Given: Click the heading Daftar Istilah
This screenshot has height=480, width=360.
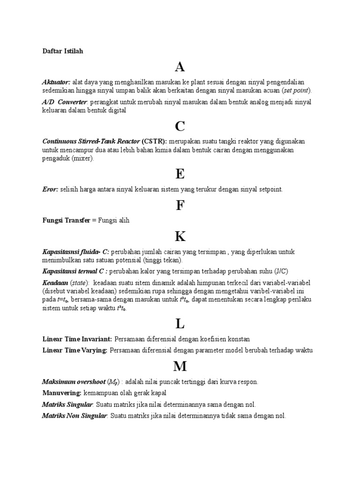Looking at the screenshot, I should pyautogui.click(x=62, y=51).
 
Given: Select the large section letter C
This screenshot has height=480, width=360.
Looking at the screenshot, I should pyautogui.click(x=180, y=126).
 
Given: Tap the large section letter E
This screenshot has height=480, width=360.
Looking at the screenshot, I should pyautogui.click(x=180, y=174).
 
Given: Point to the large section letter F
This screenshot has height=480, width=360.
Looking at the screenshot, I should pyautogui.click(x=180, y=205).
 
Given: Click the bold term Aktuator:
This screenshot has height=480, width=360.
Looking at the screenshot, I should pyautogui.click(x=56, y=82).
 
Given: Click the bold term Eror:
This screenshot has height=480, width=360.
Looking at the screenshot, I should pyautogui.click(x=50, y=189).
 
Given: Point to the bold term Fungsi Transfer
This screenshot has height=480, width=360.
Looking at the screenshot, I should pyautogui.click(x=66, y=220).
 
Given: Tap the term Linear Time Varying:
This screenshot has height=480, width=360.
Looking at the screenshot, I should pyautogui.click(x=75, y=350).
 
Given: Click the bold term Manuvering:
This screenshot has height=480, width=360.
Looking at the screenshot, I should pyautogui.click(x=62, y=393).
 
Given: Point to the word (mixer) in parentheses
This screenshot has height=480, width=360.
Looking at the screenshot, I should pyautogui.click(x=82, y=158).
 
